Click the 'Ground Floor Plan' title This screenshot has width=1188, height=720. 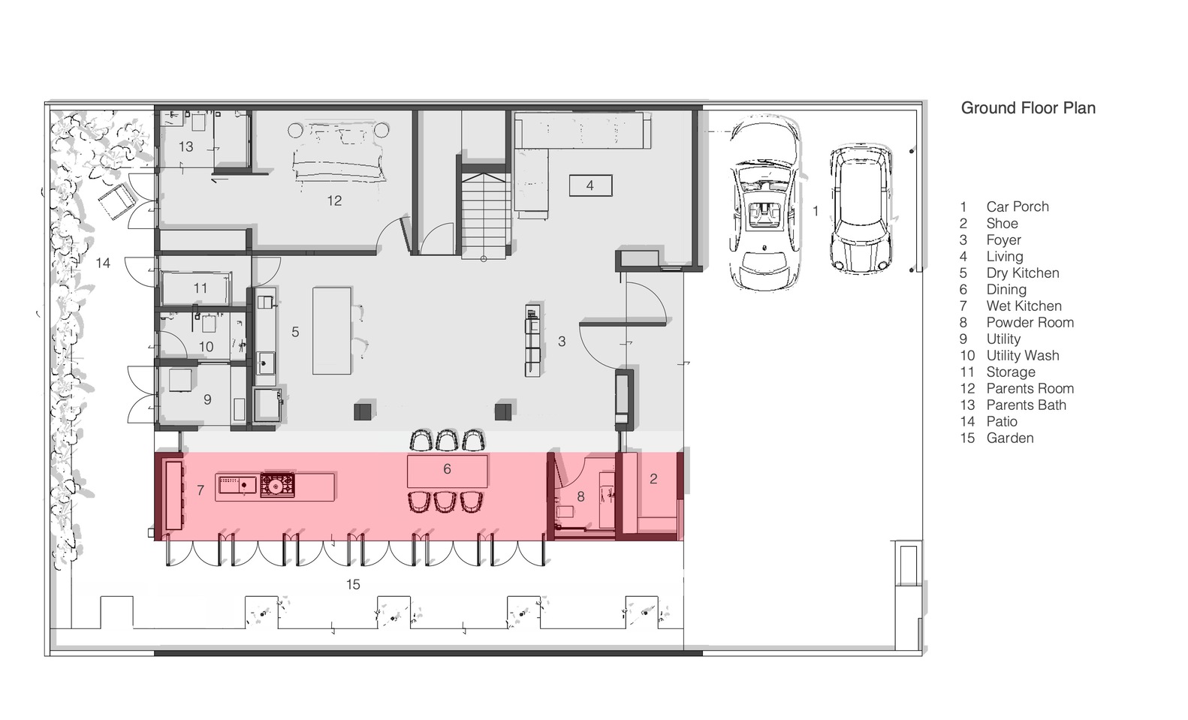pos(1028,108)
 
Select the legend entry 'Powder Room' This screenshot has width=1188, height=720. pos(1030,322)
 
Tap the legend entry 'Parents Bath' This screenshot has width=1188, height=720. pos(1027,405)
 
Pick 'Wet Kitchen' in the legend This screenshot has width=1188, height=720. pos(1024,306)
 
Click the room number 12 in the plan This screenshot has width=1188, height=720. pos(334,200)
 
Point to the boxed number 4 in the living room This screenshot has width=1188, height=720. pos(590,185)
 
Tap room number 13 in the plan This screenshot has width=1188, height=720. pos(185,146)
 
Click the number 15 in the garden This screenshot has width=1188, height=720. pos(353,584)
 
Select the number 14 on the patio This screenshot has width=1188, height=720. pos(103,263)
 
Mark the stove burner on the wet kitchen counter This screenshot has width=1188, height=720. pos(277,484)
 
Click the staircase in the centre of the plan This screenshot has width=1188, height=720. pos(484,215)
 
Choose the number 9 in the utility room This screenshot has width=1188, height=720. pos(207,399)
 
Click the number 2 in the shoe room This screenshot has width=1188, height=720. pos(653,479)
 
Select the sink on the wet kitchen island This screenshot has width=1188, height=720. pos(237,484)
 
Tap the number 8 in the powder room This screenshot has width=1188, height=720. pos(580,496)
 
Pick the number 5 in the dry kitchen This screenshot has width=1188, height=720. pos(295,332)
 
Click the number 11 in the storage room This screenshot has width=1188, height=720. pos(201,288)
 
